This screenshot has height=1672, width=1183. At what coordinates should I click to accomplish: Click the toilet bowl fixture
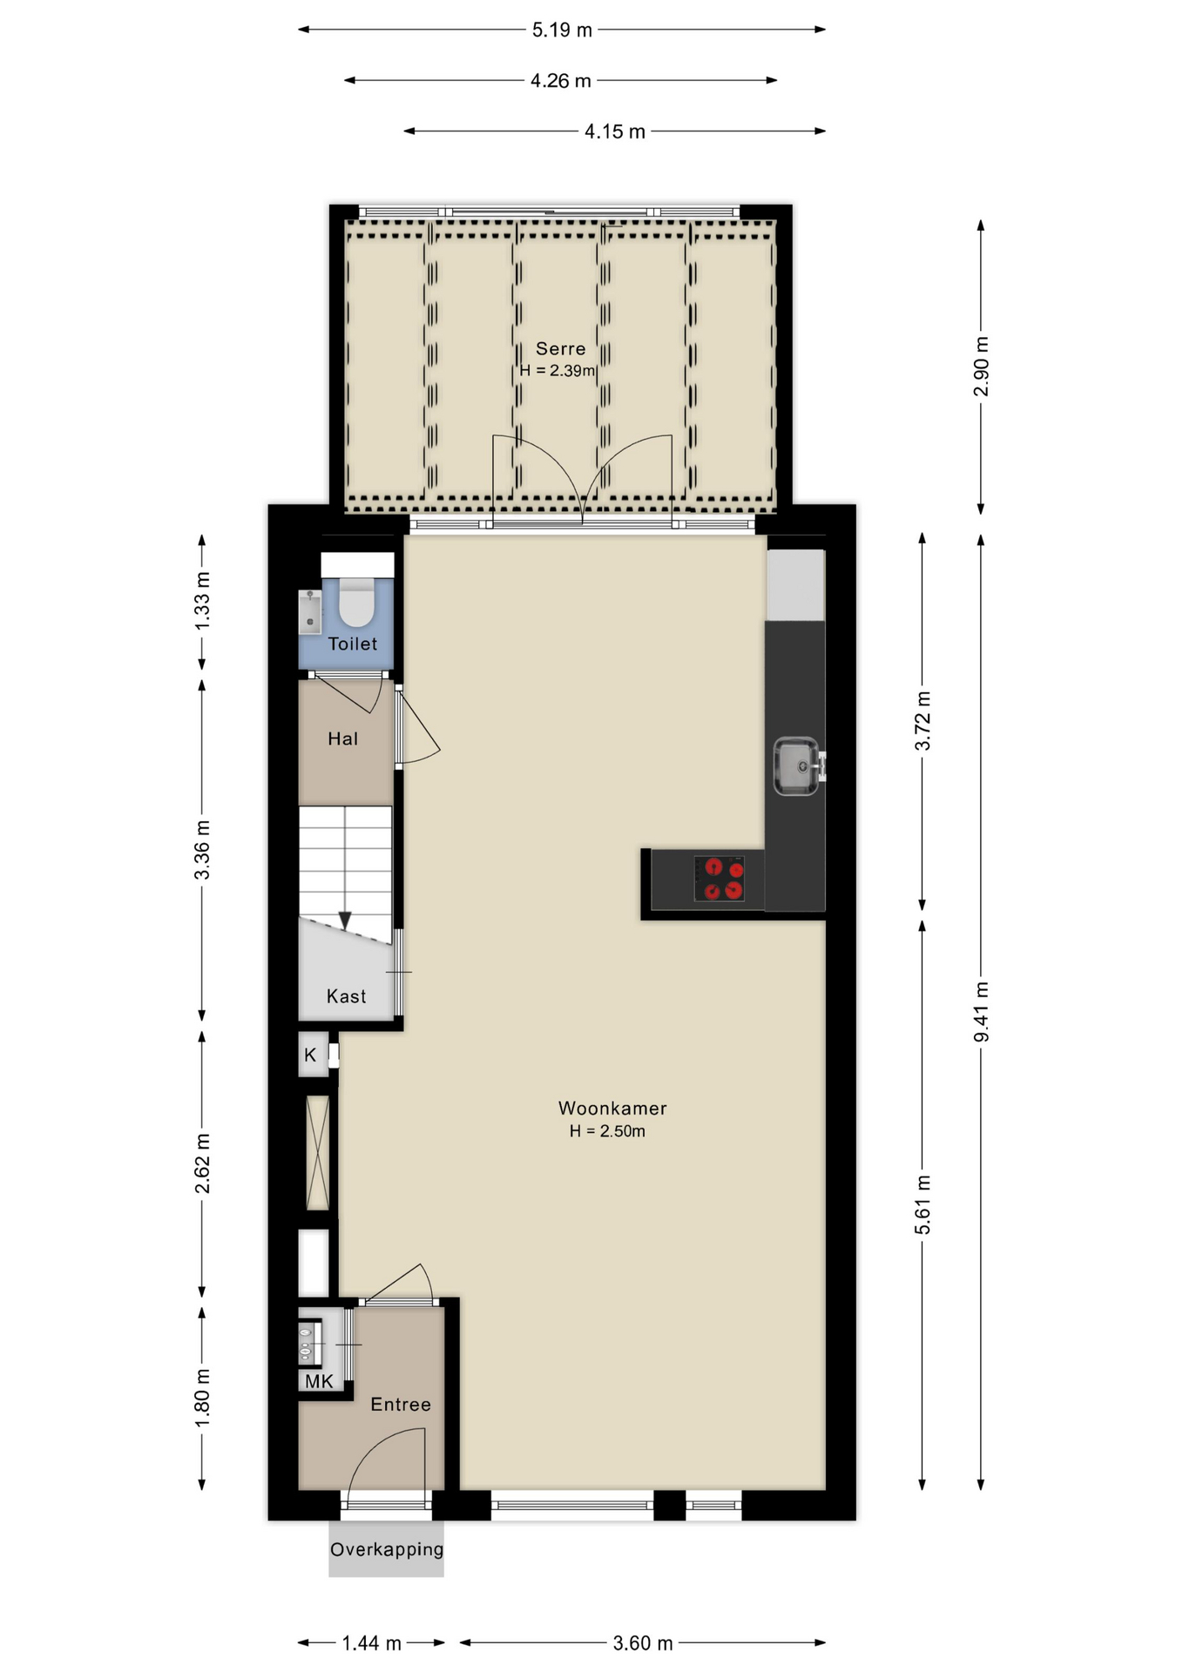click(356, 602)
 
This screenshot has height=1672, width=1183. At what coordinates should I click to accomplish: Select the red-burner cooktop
click(719, 879)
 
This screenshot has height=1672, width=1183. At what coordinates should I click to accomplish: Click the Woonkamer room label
click(612, 1109)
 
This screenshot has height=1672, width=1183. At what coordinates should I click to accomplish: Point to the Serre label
click(560, 348)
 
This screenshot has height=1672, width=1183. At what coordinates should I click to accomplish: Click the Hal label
click(342, 738)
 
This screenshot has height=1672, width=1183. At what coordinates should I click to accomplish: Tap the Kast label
click(346, 996)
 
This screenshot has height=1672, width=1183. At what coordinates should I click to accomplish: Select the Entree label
click(401, 1404)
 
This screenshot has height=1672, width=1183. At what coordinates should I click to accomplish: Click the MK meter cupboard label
click(319, 1381)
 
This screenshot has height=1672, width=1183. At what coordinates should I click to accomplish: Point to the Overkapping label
click(387, 1549)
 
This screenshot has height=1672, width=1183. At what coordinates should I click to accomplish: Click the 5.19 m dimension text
click(562, 30)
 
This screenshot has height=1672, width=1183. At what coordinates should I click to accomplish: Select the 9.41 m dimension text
click(981, 1011)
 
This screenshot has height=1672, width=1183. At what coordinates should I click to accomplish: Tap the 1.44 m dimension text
click(371, 1643)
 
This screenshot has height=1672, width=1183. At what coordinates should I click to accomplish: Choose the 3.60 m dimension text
click(643, 1643)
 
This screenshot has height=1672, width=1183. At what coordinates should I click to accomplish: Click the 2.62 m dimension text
click(202, 1163)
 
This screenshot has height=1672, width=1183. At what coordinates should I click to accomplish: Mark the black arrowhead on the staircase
click(345, 920)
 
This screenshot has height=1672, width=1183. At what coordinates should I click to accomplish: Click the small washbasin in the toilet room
click(310, 611)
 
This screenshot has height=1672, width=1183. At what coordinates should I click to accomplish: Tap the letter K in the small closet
click(310, 1055)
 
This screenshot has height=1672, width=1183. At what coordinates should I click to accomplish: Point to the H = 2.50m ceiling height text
click(607, 1131)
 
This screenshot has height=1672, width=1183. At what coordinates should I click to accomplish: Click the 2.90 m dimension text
click(981, 366)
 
